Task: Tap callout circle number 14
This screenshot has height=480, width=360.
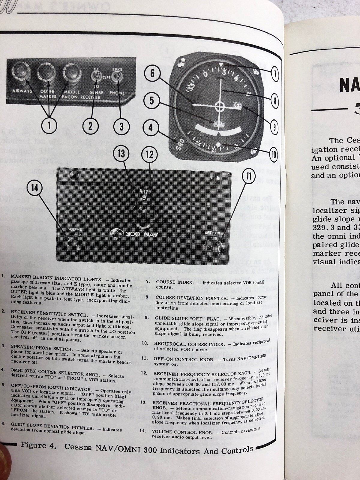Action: (x=35, y=188)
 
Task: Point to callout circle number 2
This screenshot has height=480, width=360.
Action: (x=90, y=126)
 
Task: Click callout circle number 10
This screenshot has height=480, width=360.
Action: (x=273, y=155)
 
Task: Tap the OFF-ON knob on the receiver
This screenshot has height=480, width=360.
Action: (x=212, y=247)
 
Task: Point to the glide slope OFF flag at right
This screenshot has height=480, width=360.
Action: (x=237, y=106)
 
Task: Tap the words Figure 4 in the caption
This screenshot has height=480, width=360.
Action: (x=38, y=445)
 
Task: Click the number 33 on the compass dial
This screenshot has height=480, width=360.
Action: (x=194, y=80)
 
